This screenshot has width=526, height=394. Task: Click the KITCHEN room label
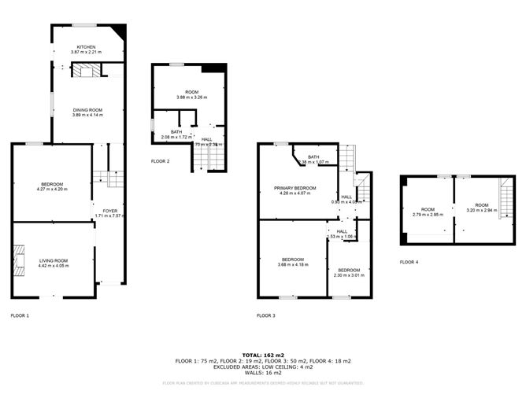pos(87,46)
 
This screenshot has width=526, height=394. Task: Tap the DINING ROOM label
pos(87,110)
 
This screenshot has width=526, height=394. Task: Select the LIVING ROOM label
pos(54,260)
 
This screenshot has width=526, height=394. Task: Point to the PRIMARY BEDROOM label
pos(295,188)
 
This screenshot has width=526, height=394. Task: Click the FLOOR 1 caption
pos(19,315)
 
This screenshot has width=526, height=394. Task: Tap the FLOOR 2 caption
pos(160,161)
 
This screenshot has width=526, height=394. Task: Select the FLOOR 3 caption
pos(265,315)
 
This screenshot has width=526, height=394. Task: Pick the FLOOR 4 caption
pos(409,262)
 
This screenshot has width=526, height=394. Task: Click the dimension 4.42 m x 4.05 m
pos(54,266)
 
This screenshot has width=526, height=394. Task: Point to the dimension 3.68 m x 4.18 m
pos(293,265)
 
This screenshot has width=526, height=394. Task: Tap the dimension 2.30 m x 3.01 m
pos(349,275)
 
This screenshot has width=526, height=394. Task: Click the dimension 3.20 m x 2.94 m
pos(481,210)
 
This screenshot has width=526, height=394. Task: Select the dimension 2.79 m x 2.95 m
pos(428,214)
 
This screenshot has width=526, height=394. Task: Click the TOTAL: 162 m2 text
pos(263,355)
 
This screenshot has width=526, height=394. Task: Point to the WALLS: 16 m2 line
pos(263,372)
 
